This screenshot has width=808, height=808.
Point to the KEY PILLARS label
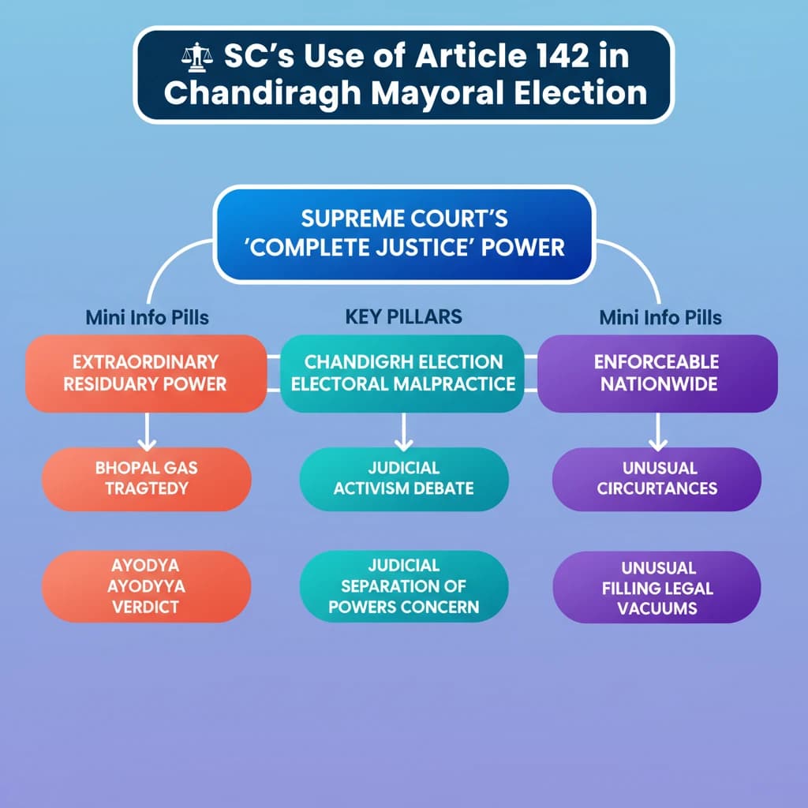(x=403, y=316)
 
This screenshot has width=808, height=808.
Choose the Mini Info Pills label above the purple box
(x=660, y=317)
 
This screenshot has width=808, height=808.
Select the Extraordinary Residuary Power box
(x=146, y=373)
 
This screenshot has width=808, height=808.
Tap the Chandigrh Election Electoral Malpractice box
(x=402, y=373)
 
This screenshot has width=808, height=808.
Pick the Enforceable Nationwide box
(x=657, y=373)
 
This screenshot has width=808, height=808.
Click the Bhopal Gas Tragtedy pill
(x=147, y=478)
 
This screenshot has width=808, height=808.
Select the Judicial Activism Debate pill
(x=403, y=478)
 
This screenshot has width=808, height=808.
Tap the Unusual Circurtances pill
(x=656, y=478)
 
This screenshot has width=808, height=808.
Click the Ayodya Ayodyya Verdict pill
(x=147, y=586)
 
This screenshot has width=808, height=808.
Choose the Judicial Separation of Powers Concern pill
(x=403, y=586)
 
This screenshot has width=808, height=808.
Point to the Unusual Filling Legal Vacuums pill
(x=656, y=588)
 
